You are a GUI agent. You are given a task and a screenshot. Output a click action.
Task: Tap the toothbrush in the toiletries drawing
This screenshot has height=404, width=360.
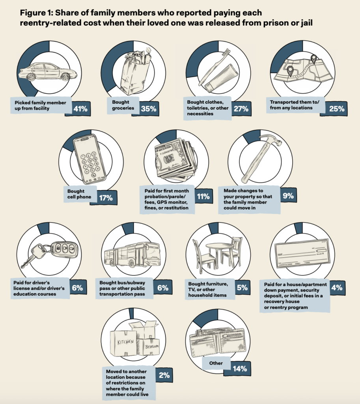coord(215,65)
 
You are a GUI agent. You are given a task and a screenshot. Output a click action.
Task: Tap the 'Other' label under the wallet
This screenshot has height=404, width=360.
coord(216,363)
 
